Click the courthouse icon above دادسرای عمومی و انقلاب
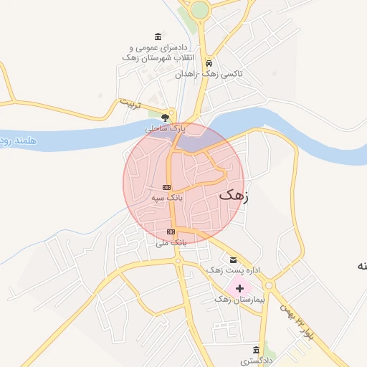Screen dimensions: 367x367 [158, 37]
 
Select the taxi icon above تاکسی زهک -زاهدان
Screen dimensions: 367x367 [209, 62]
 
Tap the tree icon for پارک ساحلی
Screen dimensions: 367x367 [166, 117]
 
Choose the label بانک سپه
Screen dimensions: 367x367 [168, 196]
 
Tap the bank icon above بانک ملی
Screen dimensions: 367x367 [171, 232]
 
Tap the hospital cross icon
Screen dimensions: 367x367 [239, 287]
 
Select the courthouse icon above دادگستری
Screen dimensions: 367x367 [256, 351]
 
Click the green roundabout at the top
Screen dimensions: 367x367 [199, 9]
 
